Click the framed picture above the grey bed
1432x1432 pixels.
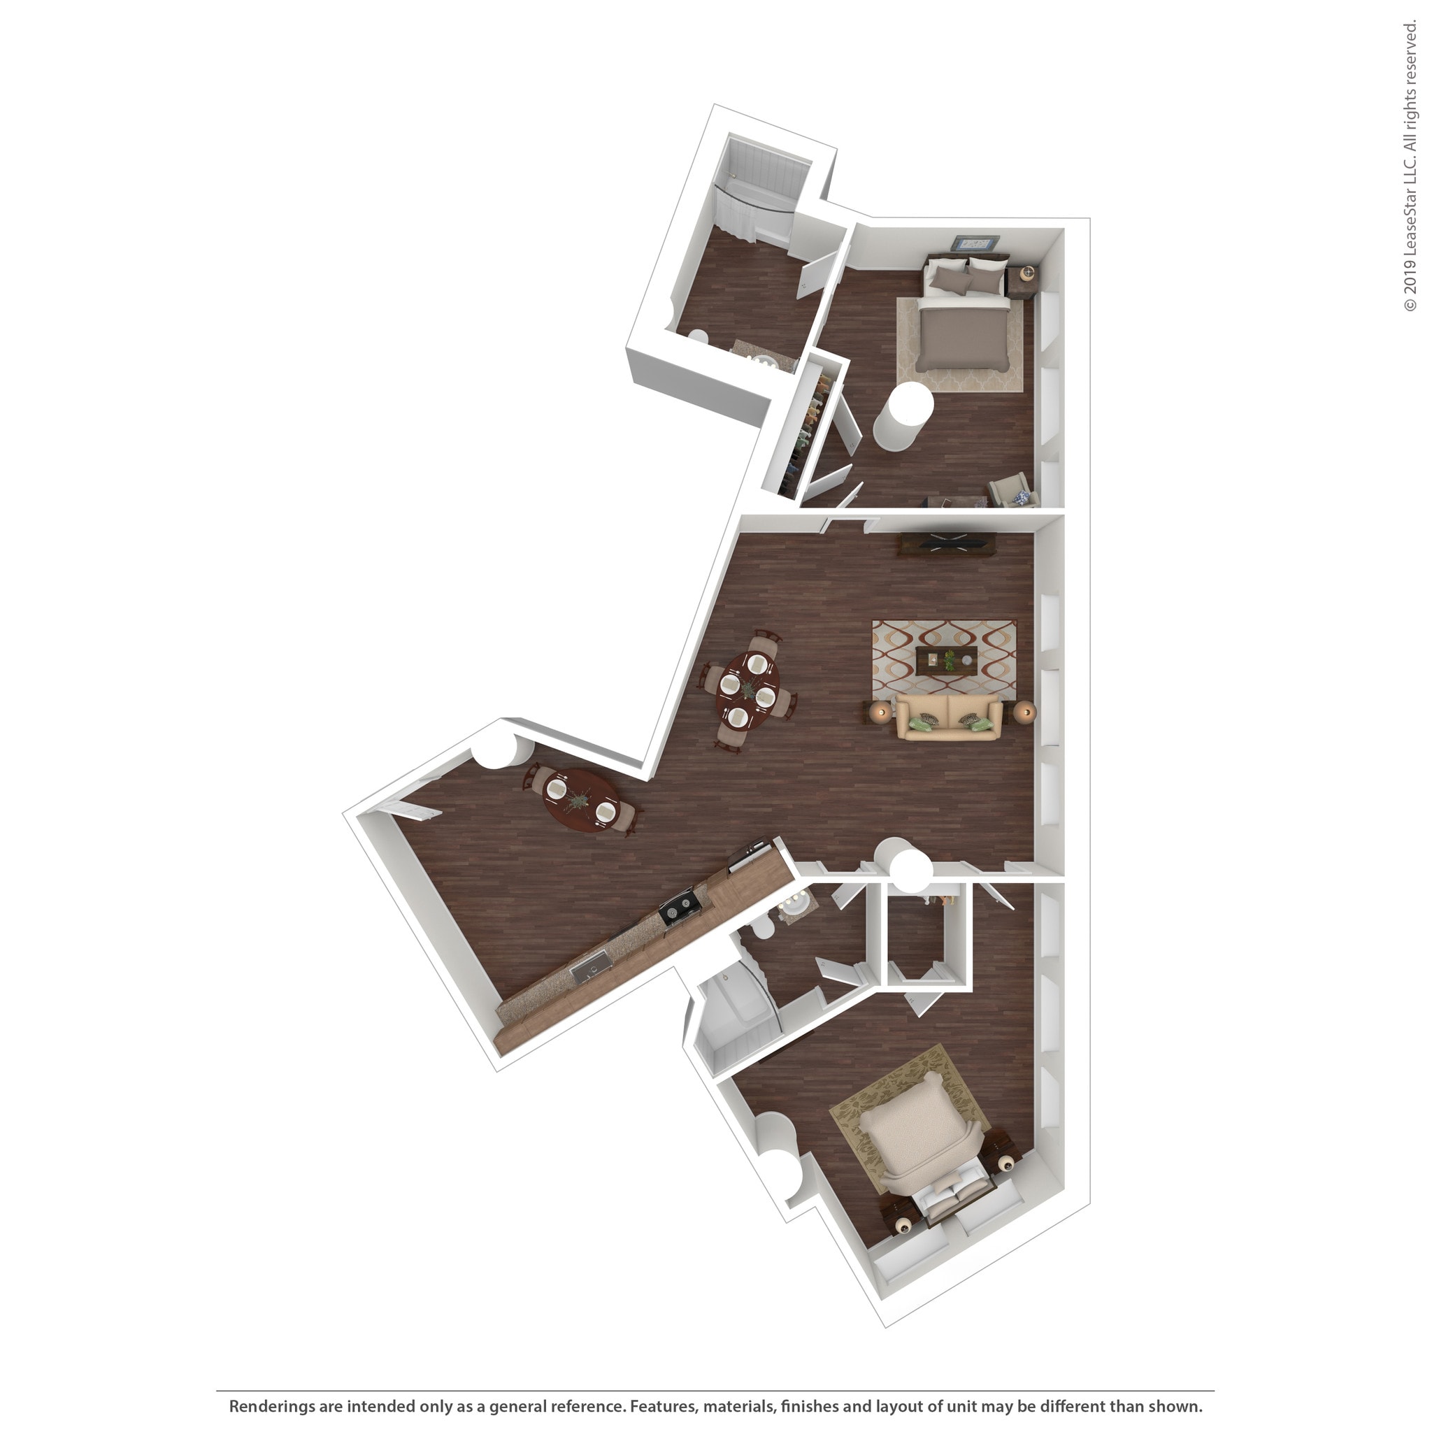click(x=976, y=244)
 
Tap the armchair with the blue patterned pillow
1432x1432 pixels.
click(x=1012, y=492)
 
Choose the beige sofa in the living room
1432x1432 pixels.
click(x=949, y=717)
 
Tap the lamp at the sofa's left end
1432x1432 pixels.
click(x=881, y=713)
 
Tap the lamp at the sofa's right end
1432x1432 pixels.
click(x=1026, y=713)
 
